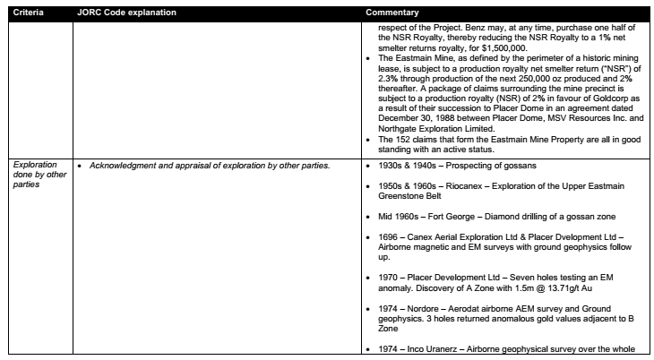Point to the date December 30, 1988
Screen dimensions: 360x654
point(420,117)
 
